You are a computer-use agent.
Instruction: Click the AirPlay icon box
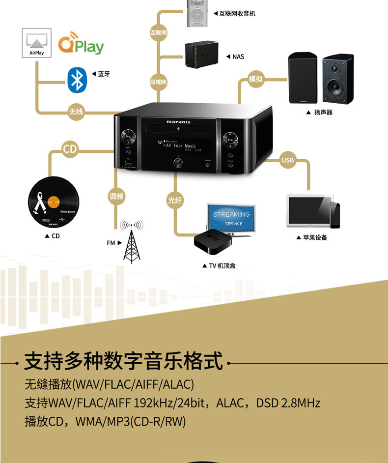[37, 43]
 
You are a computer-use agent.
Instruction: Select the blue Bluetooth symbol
[76, 81]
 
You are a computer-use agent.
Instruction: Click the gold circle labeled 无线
[76, 112]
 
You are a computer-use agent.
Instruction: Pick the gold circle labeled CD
[70, 149]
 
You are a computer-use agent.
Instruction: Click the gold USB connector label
[287, 160]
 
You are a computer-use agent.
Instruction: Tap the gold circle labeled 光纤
[175, 200]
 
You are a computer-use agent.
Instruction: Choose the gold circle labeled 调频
[116, 197]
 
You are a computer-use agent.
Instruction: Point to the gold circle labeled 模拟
[255, 79]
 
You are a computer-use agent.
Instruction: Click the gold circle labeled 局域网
[158, 82]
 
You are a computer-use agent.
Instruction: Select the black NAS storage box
[201, 55]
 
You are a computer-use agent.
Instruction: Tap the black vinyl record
[53, 202]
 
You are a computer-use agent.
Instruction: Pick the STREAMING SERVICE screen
[231, 218]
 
